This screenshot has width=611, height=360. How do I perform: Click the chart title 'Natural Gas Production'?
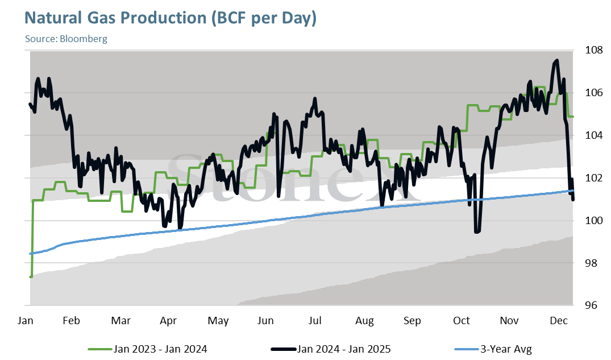115,18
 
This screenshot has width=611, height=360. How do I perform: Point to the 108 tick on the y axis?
593,50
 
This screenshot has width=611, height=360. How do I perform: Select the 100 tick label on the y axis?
593,220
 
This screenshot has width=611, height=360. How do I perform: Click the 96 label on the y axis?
591,305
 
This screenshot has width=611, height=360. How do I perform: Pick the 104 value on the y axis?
593,135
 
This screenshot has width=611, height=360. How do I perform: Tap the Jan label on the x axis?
26,321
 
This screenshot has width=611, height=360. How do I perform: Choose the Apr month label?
168,321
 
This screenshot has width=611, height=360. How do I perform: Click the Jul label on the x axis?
314,321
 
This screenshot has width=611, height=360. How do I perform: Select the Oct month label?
462,321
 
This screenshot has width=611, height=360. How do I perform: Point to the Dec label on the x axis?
558,321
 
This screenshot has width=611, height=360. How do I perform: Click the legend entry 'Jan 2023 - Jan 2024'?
148,349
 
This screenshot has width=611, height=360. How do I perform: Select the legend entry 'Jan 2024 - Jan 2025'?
331,349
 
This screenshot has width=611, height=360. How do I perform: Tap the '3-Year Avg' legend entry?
493,349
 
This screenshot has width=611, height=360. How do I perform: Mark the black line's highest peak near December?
556,60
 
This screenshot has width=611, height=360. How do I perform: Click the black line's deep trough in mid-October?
477,231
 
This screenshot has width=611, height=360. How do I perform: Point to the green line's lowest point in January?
31,276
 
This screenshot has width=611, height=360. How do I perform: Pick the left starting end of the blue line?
31,254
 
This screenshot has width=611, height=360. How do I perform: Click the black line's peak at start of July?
315,99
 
